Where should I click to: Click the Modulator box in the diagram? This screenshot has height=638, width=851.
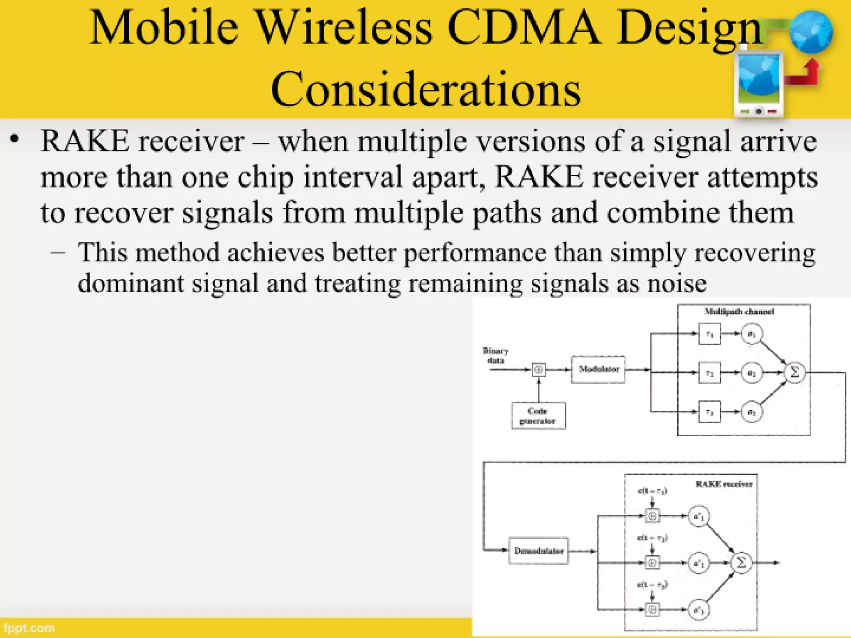pos(598,369)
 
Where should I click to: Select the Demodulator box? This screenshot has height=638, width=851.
pos(539,551)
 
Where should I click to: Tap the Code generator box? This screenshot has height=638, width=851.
pos(538,415)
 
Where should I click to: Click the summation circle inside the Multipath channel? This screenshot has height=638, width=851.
pos(794,372)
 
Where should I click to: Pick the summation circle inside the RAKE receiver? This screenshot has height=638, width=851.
pos(741,562)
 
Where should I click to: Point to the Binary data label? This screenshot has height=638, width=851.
pos(495,356)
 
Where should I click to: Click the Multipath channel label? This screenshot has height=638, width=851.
pos(739,312)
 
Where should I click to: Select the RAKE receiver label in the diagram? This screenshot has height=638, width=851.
pos(724,484)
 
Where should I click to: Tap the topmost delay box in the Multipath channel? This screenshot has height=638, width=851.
pos(709,334)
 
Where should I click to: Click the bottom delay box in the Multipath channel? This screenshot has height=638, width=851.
pos(709,412)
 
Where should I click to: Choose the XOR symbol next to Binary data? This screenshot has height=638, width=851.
pos(539,369)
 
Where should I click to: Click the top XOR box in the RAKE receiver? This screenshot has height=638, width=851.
pos(652,516)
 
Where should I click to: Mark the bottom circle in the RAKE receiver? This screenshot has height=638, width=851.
pos(699,610)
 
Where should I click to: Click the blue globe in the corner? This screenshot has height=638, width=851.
pos(811,32)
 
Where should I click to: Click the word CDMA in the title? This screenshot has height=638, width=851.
pos(524,28)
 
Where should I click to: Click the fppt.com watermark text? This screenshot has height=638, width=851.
pos(29,628)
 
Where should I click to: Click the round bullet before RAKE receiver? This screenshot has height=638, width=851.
pos(15,139)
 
